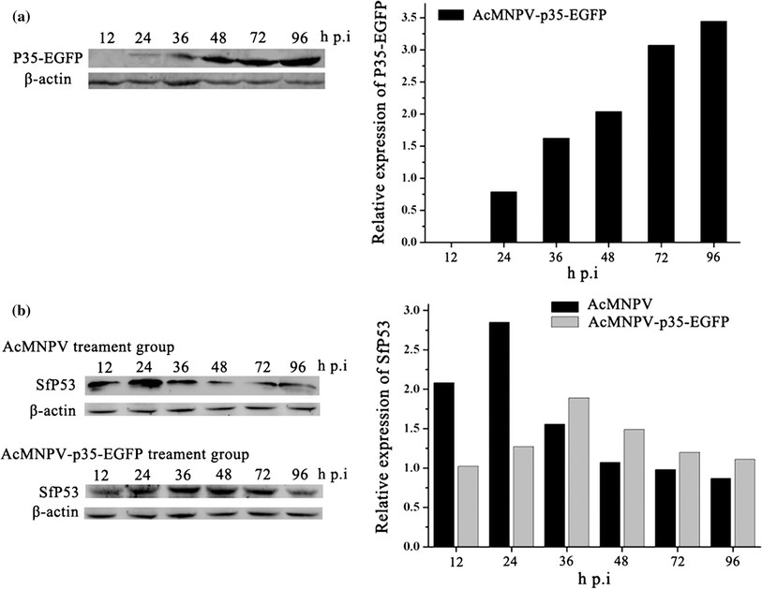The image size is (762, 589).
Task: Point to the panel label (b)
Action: [14, 308]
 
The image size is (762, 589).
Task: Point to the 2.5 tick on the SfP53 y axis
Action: [409, 349]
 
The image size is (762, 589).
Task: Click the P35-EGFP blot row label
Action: [43, 59]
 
